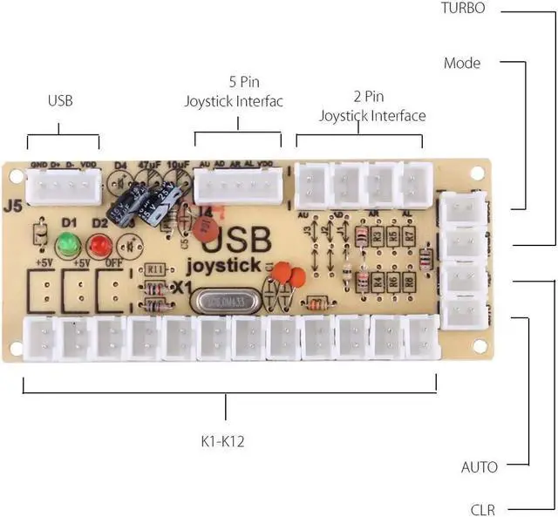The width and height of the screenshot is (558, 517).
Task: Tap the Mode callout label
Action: click(x=462, y=63)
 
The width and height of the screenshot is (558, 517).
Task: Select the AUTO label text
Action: click(x=480, y=467)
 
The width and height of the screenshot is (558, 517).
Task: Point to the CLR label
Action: click(x=483, y=509)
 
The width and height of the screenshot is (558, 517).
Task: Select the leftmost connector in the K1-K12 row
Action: click(x=39, y=337)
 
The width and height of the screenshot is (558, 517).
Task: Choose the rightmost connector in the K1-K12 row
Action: click(x=421, y=334)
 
